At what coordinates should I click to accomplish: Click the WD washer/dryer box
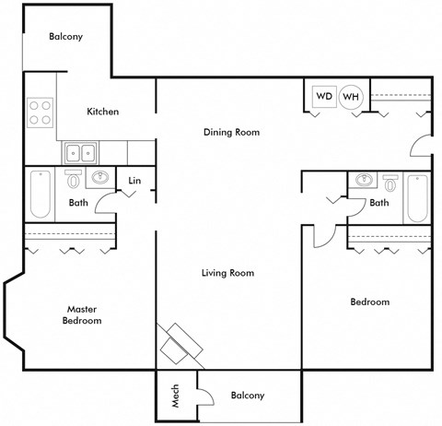(324, 96)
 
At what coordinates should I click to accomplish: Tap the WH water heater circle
(351, 97)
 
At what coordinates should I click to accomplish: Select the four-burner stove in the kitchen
(40, 112)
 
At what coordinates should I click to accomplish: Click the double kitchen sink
(80, 152)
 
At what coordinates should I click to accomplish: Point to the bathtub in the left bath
(40, 194)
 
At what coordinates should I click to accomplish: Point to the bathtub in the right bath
(417, 198)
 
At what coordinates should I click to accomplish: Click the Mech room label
(175, 396)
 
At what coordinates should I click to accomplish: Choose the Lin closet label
(134, 181)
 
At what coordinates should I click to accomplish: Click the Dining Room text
(231, 132)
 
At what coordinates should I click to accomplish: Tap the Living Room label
(227, 273)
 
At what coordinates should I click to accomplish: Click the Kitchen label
(102, 112)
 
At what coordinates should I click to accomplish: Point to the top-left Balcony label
(66, 37)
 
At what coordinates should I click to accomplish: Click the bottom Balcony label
(247, 396)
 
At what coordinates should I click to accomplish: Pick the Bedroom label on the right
(369, 302)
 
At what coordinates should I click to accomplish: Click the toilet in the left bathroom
(74, 179)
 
